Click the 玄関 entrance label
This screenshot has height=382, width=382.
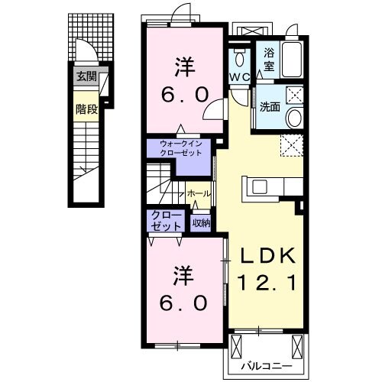[87, 76]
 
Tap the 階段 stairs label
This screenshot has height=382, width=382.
[86, 109]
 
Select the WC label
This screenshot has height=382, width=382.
[240, 77]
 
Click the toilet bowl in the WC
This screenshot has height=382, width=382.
[239, 59]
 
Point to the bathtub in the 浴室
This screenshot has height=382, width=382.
[292, 60]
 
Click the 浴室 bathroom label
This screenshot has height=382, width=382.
[269, 60]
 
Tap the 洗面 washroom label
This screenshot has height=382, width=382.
[270, 107]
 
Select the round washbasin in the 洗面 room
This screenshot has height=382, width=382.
[295, 118]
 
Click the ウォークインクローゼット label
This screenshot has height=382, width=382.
[180, 148]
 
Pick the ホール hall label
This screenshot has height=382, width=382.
[199, 194]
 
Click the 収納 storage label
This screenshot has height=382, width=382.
[201, 223]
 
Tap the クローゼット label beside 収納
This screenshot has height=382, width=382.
[167, 221]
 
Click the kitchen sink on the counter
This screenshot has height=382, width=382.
[260, 186]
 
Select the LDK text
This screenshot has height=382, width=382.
[268, 255]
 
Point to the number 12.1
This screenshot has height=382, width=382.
[267, 283]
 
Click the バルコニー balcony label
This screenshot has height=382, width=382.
[267, 366]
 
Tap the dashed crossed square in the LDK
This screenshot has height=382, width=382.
[292, 145]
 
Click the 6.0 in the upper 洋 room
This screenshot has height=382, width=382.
[185, 95]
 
